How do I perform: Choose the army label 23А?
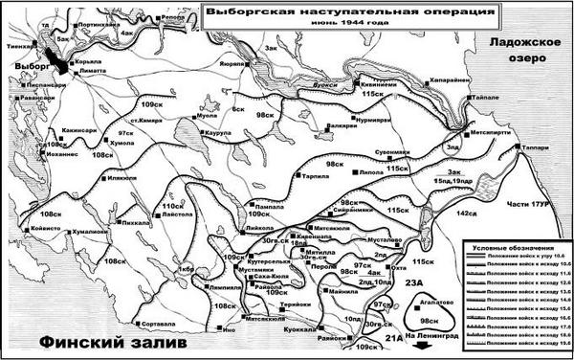[412, 283]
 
